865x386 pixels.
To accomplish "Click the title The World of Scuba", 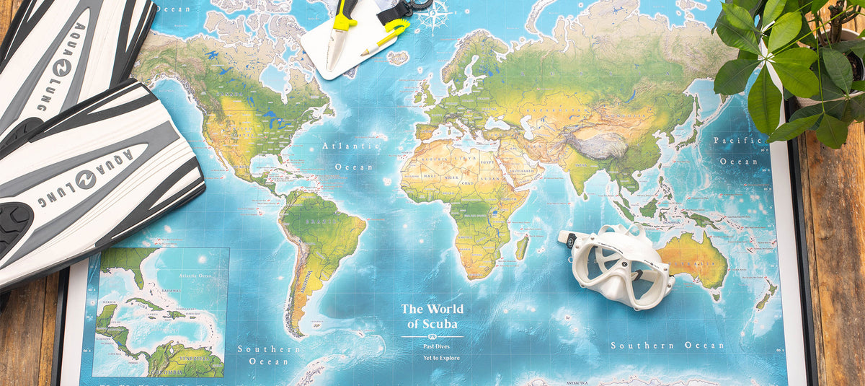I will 432,316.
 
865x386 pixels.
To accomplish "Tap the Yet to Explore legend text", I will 441,358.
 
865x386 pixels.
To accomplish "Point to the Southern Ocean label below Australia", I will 667,346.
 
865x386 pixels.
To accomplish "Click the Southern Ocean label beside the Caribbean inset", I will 269,354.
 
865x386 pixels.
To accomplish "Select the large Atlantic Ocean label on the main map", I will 352,156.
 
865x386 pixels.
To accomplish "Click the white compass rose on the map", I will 435,14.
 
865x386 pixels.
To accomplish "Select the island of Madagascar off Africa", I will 521,247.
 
